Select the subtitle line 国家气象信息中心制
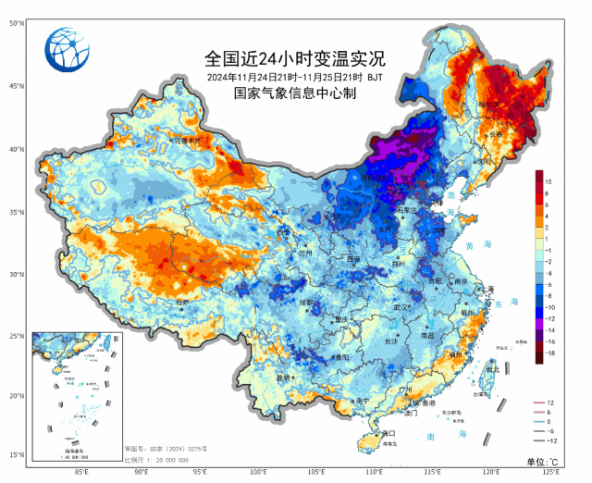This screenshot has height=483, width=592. click(295, 93)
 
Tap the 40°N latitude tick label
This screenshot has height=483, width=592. click(17, 148)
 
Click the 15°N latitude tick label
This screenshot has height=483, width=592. click(17, 454)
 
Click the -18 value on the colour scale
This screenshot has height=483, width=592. click(549, 353)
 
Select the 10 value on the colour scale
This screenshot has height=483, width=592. click(549, 181)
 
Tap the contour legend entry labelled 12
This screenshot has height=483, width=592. click(549, 403)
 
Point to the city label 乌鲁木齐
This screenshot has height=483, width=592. click(188, 141)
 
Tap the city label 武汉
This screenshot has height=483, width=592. click(400, 306)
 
